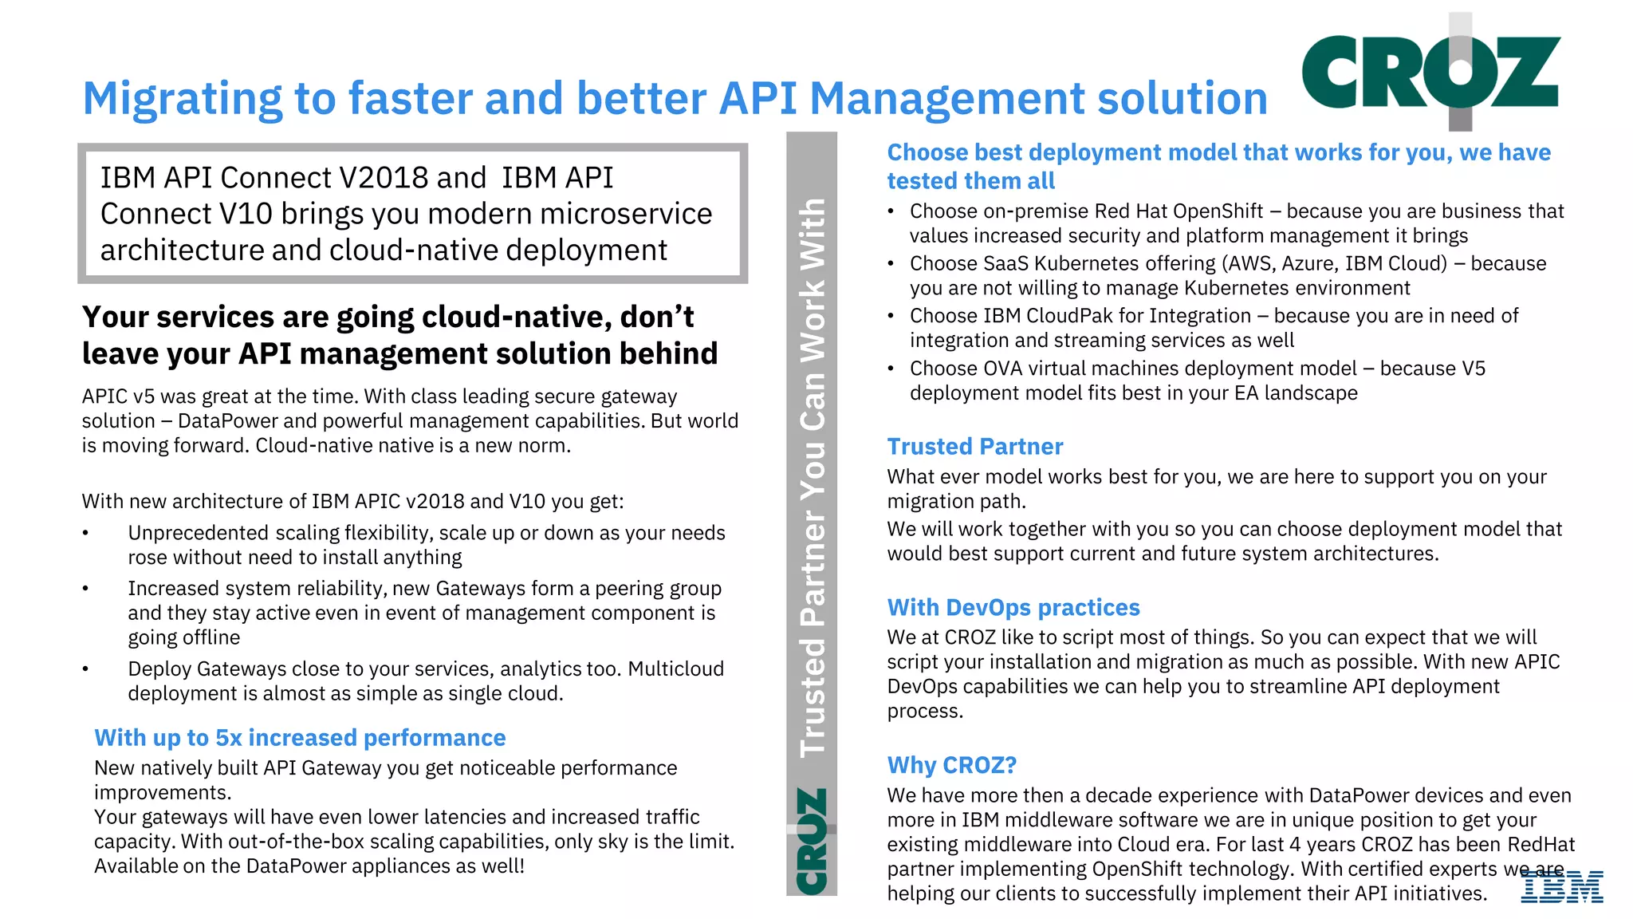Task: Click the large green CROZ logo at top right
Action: pyautogui.click(x=1430, y=72)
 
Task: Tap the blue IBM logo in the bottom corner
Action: pyautogui.click(x=1562, y=887)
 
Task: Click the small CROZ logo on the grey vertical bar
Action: pyautogui.click(x=812, y=841)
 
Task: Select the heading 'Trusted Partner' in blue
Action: pyautogui.click(x=974, y=447)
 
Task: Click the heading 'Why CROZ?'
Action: pyautogui.click(x=951, y=765)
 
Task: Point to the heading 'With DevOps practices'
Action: pyautogui.click(x=1013, y=608)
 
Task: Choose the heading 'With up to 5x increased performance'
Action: pyautogui.click(x=300, y=738)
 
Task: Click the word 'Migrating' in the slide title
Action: pyautogui.click(x=182, y=99)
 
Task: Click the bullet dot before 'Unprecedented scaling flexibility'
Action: pyautogui.click(x=85, y=533)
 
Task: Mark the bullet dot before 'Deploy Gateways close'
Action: pyautogui.click(x=85, y=669)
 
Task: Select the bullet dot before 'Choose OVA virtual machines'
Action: pyautogui.click(x=891, y=369)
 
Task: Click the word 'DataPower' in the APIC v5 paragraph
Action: pyautogui.click(x=227, y=421)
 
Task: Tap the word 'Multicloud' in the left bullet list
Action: pyautogui.click(x=676, y=669)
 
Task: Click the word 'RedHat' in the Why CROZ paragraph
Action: pyautogui.click(x=1541, y=844)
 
